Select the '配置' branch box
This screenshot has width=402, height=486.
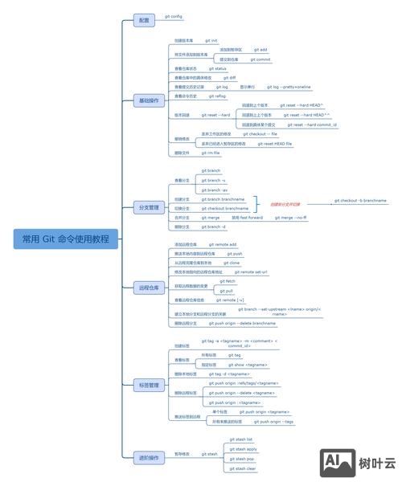pyautogui.click(x=144, y=19)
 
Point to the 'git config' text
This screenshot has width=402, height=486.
pyautogui.click(x=174, y=15)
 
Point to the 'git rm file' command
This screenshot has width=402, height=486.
pyautogui.click(x=211, y=153)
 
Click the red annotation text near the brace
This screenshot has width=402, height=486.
pyautogui.click(x=285, y=204)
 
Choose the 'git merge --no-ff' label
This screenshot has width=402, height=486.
pyautogui.click(x=290, y=218)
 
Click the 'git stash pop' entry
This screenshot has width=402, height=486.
pyautogui.click(x=243, y=459)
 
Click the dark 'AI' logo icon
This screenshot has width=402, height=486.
pyautogui.click(x=338, y=461)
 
